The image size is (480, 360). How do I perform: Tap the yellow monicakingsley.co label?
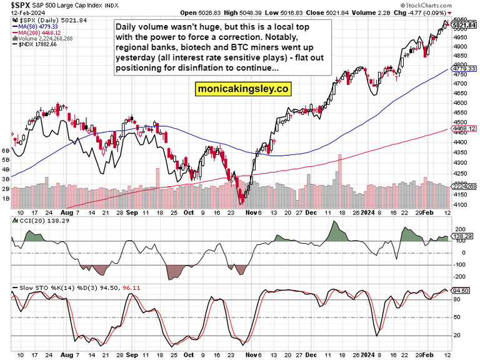click(244, 89)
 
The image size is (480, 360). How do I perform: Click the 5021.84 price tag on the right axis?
click(461, 26)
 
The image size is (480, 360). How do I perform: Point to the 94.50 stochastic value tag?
click(461, 291)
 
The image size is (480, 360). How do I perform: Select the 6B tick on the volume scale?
click(6, 151)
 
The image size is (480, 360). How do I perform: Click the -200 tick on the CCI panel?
click(460, 276)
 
